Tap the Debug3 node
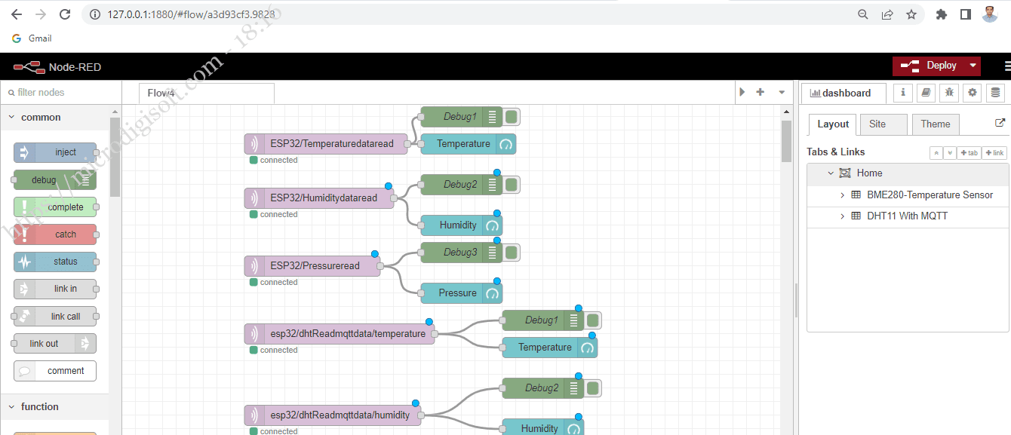(459, 253)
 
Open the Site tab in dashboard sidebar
(877, 124)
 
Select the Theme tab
(935, 124)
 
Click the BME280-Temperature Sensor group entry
(930, 195)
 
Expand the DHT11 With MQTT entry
(843, 216)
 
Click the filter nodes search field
(60, 93)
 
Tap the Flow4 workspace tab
(161, 93)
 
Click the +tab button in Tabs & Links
(969, 153)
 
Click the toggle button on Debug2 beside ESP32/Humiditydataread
(512, 185)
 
